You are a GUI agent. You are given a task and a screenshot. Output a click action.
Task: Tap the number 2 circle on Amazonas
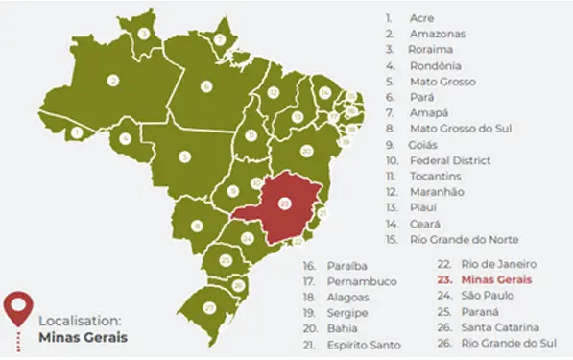click(113, 81)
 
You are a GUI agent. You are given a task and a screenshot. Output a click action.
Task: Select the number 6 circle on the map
click(205, 86)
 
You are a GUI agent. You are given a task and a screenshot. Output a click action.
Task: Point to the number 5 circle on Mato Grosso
click(184, 156)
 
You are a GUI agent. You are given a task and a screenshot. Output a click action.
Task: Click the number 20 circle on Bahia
click(306, 151)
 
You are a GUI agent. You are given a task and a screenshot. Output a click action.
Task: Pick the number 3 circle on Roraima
click(144, 33)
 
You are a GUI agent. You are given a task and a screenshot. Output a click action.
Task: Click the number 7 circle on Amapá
click(220, 39)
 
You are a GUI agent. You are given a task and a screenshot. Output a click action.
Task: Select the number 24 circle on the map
click(248, 237)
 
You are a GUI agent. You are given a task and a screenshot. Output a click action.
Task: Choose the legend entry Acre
click(420, 17)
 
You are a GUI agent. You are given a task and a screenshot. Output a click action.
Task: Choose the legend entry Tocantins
click(436, 176)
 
